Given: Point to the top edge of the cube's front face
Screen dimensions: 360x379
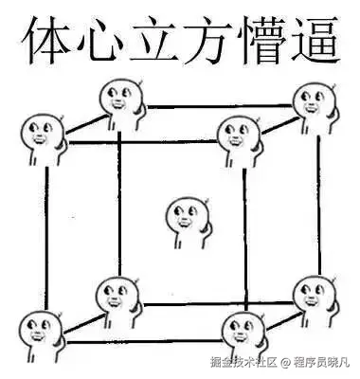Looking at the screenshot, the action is click(142, 142).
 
